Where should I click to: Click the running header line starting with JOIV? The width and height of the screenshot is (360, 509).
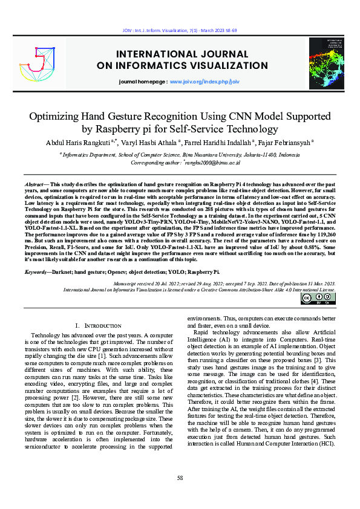(x=180, y=30)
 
